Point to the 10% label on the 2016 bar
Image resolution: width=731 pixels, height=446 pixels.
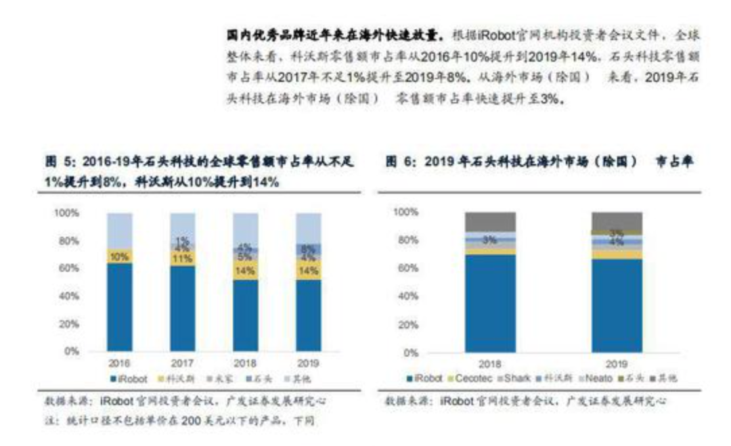(x=119, y=256)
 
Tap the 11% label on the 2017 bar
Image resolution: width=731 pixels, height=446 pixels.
(x=182, y=259)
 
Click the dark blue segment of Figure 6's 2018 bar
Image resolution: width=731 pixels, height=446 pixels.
(x=490, y=303)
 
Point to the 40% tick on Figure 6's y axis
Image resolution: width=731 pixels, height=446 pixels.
(x=405, y=296)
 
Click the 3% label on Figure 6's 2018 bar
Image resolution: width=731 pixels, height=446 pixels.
(x=490, y=239)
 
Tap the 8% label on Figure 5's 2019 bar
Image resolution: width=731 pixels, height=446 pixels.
(x=308, y=248)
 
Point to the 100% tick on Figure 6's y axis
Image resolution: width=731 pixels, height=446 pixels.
(x=403, y=213)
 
